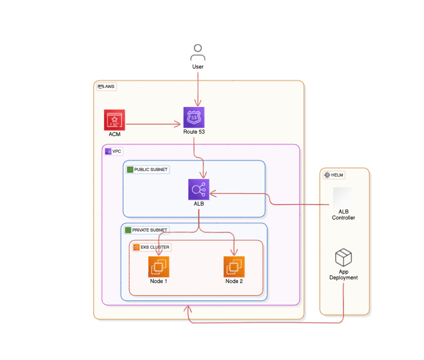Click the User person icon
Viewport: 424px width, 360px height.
tap(198, 52)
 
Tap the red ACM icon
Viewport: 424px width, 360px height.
tap(114, 120)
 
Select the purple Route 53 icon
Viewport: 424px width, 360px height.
tap(194, 118)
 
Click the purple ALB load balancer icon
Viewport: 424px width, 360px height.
tap(198, 189)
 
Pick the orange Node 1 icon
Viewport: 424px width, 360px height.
tap(159, 266)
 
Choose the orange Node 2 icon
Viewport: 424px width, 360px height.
tap(234, 266)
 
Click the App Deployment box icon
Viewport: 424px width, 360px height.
tap(343, 257)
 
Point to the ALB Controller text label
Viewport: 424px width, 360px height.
tap(343, 214)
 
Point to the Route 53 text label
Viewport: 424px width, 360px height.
tap(194, 132)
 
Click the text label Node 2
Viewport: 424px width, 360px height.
tap(234, 281)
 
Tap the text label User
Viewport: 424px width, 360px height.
tap(198, 66)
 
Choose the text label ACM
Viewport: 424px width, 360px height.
tap(114, 134)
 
